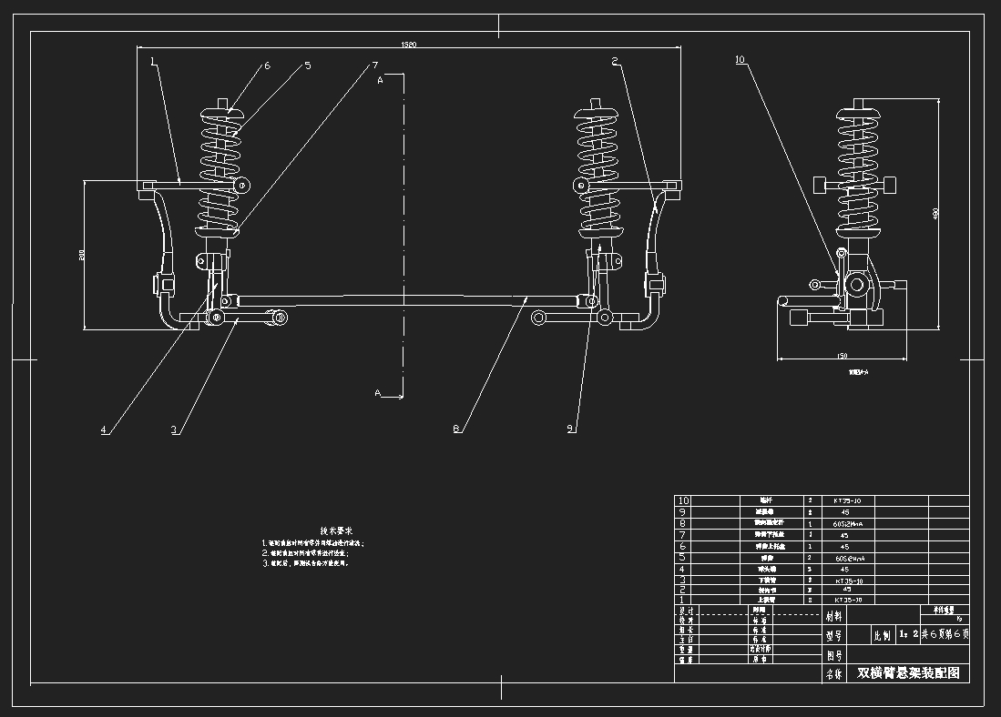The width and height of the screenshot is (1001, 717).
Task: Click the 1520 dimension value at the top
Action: point(409,45)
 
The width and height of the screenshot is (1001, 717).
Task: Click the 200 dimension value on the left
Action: point(81,257)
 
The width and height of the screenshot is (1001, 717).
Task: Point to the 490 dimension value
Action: point(935,214)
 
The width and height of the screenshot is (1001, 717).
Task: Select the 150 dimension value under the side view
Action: point(842,356)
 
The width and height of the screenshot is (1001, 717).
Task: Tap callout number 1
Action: point(153,62)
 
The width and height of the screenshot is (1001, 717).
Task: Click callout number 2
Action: point(616,61)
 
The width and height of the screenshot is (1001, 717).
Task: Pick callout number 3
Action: point(173,429)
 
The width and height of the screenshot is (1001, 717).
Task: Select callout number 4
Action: point(104,429)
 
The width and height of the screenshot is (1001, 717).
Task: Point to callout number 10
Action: point(739,60)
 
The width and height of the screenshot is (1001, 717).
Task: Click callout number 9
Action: point(571,429)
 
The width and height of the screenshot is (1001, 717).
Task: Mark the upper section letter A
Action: point(381,81)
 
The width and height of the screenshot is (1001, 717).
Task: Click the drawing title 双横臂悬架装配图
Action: point(908,673)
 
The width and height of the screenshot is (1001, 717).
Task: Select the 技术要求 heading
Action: point(336,530)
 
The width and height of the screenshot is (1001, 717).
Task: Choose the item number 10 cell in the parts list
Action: point(683,500)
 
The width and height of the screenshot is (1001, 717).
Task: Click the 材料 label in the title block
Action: point(834,615)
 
